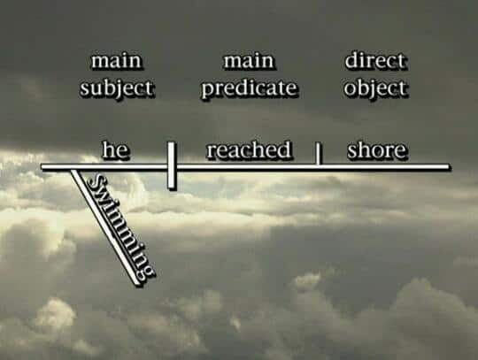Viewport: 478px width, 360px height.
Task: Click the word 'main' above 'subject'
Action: (x=117, y=61)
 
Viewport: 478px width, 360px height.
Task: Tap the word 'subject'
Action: (x=117, y=88)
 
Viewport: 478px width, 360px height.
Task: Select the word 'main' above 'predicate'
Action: (x=249, y=61)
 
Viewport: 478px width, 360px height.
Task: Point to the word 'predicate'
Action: (x=249, y=88)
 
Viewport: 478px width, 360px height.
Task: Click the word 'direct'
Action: (x=375, y=60)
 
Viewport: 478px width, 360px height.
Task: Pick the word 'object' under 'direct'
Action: (x=375, y=88)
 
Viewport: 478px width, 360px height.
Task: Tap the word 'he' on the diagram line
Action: (x=116, y=149)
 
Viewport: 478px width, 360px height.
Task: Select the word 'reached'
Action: (x=249, y=149)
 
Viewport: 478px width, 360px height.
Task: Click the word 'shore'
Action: (x=377, y=149)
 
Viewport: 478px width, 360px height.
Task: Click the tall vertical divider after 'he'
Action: (x=172, y=165)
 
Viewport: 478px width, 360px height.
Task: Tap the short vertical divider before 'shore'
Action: (x=318, y=154)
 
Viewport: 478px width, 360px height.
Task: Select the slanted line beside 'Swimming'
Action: (x=104, y=227)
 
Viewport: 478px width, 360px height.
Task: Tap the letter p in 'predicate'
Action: (x=208, y=89)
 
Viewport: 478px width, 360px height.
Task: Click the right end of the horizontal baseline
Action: (x=449, y=166)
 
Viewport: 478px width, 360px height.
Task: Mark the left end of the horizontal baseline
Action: (x=42, y=166)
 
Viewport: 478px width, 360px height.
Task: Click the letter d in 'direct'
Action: (x=351, y=60)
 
